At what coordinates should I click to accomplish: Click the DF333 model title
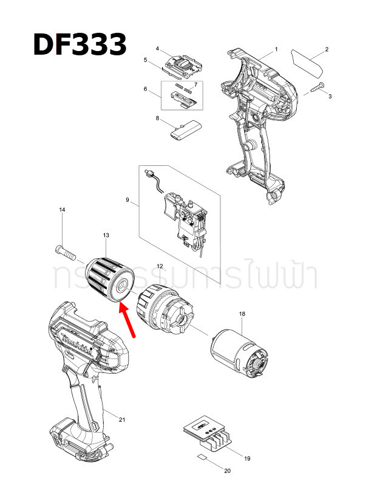click(x=80, y=44)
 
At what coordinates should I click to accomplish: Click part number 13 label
click(x=106, y=235)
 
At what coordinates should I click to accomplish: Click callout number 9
click(x=127, y=199)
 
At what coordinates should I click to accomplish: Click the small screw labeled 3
click(x=316, y=88)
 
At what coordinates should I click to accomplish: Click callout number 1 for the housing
click(x=276, y=49)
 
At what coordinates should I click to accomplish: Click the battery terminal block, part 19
click(x=210, y=434)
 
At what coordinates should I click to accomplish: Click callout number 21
click(x=121, y=420)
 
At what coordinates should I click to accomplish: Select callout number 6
click(x=145, y=89)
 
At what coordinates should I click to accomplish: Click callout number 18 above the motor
click(x=242, y=314)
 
